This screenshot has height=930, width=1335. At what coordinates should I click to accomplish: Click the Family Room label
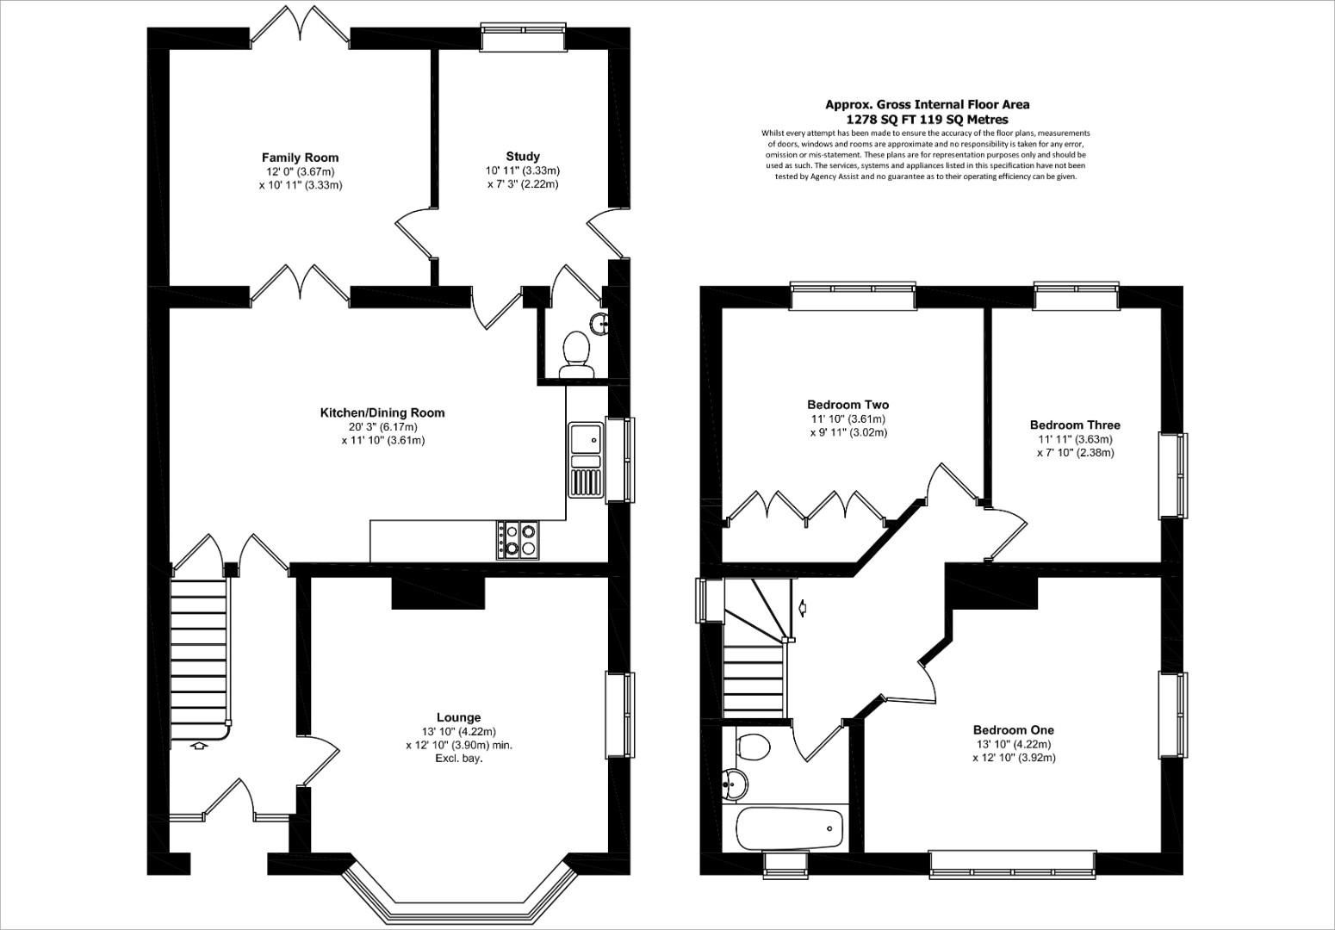point(300,158)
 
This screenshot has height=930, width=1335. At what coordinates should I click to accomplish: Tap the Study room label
point(522,157)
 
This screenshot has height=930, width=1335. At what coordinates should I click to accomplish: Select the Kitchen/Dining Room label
point(382,412)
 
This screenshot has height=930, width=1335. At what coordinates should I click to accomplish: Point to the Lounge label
point(458,717)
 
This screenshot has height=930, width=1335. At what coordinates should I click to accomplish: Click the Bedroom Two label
point(848,405)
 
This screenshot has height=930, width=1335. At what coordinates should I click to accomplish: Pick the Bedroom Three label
point(1075,425)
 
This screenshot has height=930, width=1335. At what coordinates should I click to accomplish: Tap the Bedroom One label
point(1013,729)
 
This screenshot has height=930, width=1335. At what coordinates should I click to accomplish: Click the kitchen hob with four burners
point(517,540)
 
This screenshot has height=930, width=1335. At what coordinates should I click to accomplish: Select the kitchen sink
point(586,460)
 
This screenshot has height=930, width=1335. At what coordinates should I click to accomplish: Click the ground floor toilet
point(575,355)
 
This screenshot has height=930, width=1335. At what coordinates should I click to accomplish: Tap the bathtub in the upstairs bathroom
point(790,828)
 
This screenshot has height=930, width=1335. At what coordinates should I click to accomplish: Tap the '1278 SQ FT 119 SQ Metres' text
point(927,120)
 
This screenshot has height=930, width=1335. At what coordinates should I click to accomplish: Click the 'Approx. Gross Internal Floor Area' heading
point(927,104)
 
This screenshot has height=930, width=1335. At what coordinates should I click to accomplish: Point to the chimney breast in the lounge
point(438,593)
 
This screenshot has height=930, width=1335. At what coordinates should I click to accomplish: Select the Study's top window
point(523,39)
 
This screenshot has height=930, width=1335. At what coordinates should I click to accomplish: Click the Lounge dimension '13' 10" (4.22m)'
point(458,732)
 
